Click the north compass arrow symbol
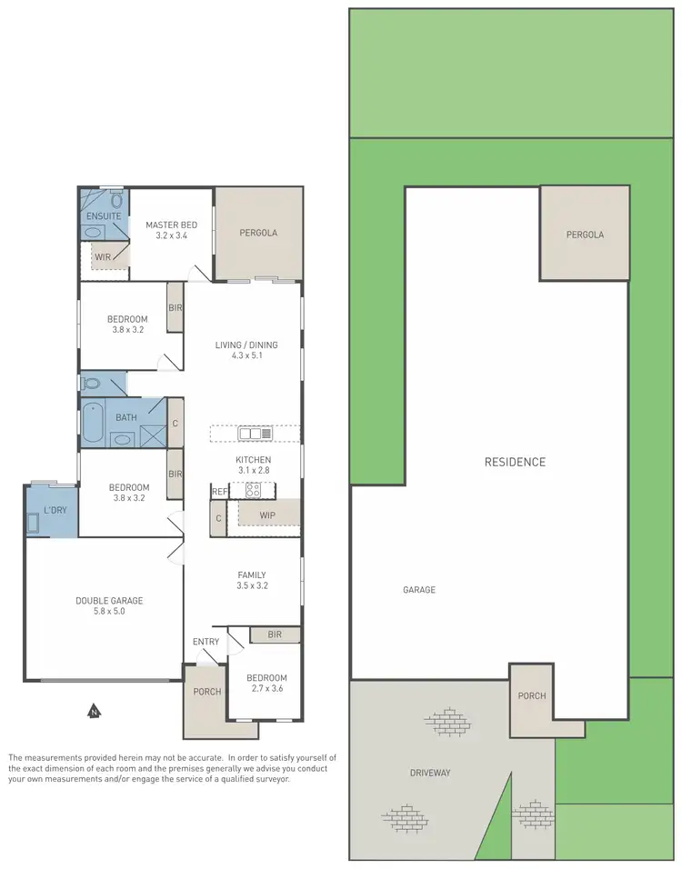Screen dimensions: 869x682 pos(93,712)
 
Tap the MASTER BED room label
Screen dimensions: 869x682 pos(172,225)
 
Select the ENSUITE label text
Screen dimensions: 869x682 pos(104,216)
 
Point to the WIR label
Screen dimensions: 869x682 pos(104,257)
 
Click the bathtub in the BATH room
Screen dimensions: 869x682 pos(93,424)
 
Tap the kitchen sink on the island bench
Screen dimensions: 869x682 pos(249,434)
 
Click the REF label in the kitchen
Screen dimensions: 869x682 pos(218,492)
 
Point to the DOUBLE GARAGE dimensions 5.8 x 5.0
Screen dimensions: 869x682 pos(109,612)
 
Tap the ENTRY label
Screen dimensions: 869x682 pos(206,642)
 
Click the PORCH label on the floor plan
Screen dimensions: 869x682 pos(208,692)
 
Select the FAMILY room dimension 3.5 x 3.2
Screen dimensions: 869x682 pos(252,586)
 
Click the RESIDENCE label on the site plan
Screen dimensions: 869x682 pos(515,462)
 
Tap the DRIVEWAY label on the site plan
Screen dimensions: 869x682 pos(429,773)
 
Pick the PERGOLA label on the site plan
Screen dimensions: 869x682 pos(585,235)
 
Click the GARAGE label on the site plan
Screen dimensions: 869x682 pos(419,590)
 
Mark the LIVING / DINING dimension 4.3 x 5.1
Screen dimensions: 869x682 pos(246,356)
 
